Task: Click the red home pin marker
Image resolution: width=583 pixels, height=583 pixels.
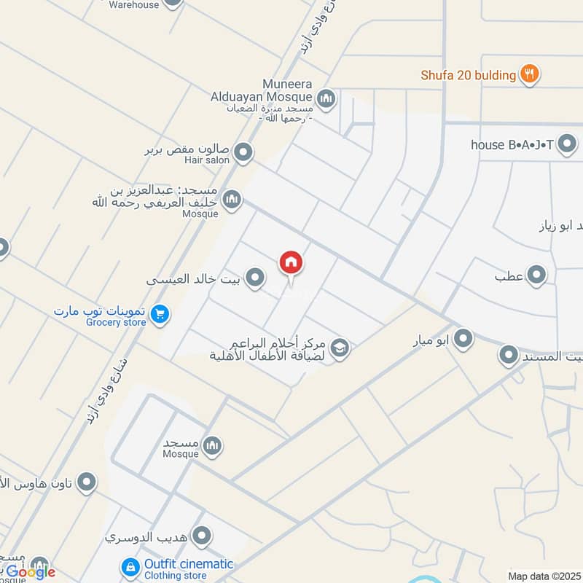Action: click(291, 263)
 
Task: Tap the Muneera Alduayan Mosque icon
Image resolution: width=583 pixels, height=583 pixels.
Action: click(326, 98)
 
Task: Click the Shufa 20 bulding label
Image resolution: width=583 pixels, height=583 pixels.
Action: click(468, 74)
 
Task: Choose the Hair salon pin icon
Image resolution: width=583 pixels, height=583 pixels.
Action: click(243, 153)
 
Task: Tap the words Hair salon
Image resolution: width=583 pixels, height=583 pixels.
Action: click(208, 160)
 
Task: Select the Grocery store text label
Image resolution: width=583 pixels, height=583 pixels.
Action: click(116, 322)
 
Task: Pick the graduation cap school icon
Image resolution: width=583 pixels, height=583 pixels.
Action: click(340, 349)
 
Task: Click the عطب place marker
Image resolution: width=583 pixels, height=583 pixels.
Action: click(536, 275)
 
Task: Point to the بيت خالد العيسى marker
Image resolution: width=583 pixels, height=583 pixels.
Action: click(254, 278)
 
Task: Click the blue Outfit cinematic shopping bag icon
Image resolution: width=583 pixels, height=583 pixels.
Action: click(130, 566)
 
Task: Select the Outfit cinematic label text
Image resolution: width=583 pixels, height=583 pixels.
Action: click(188, 563)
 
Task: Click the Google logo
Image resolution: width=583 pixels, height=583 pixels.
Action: click(31, 572)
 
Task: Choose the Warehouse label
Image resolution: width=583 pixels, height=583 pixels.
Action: click(133, 4)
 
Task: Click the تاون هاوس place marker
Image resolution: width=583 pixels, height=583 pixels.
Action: click(87, 482)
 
